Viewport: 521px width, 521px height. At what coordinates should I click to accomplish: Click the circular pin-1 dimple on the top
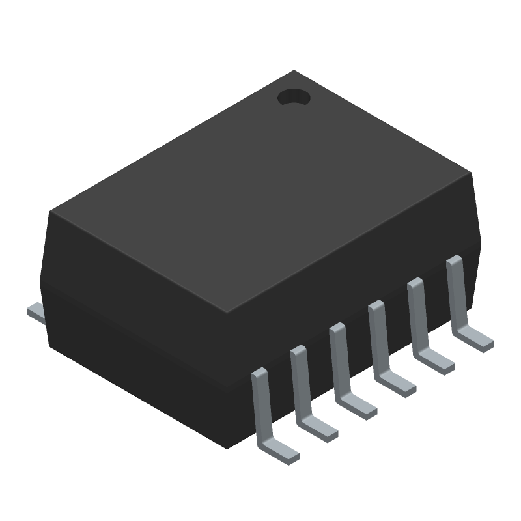tap(294, 98)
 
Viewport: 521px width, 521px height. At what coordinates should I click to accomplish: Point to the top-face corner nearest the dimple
tap(294, 71)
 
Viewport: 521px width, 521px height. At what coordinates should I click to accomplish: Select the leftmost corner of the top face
tap(51, 212)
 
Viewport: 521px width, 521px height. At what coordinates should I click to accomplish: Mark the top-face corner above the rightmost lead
tap(470, 173)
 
